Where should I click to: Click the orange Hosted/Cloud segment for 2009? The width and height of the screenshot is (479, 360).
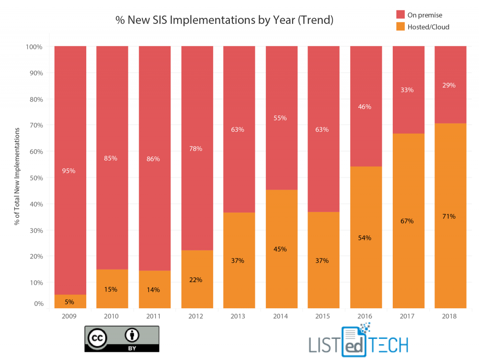[70, 301]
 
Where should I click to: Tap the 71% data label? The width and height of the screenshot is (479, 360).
[449, 216]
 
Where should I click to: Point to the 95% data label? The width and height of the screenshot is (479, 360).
[69, 170]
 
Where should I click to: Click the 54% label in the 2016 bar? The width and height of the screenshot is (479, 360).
[365, 238]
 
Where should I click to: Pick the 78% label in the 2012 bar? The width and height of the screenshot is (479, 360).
[195, 148]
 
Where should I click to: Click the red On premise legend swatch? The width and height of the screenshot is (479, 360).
[399, 15]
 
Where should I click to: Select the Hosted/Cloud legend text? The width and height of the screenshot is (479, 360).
[428, 27]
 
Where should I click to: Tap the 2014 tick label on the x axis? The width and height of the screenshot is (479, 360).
[280, 316]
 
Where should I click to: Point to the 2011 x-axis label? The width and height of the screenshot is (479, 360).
[154, 316]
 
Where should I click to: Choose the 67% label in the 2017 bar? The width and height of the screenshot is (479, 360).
[407, 221]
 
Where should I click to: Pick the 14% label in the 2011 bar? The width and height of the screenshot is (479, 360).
[154, 290]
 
